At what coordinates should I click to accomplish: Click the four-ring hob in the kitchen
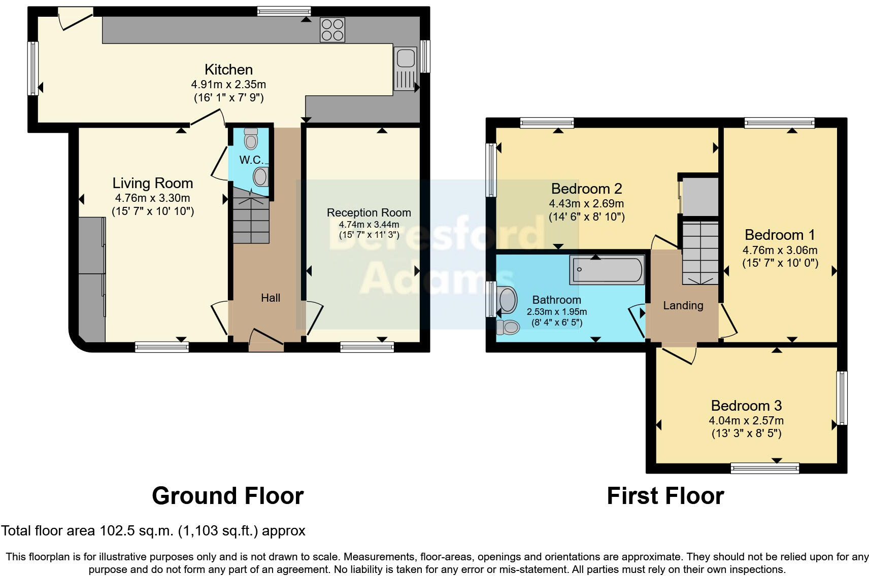coord(332,29)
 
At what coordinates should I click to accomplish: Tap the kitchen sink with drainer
coord(405,68)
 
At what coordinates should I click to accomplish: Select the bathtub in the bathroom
coord(607,270)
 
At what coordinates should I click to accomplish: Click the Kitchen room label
coord(228,69)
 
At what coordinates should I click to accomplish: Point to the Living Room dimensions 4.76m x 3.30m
coord(152,198)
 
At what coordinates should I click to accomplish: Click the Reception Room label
coord(369,212)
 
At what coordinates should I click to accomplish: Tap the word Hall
coord(271,298)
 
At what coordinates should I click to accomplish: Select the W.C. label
coord(251,160)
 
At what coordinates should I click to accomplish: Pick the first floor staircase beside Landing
coord(700,252)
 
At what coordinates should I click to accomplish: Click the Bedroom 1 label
coord(780,235)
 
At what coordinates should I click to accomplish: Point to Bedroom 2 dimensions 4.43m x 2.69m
coord(586,203)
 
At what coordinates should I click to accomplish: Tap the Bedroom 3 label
coord(746,406)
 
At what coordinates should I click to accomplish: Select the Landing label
coord(683,305)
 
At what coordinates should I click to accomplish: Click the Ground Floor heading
coord(227,495)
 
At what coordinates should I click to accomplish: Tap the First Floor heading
coord(665,495)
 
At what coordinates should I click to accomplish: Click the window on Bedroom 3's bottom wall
coord(764,468)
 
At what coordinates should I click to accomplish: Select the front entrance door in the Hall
coord(266,342)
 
